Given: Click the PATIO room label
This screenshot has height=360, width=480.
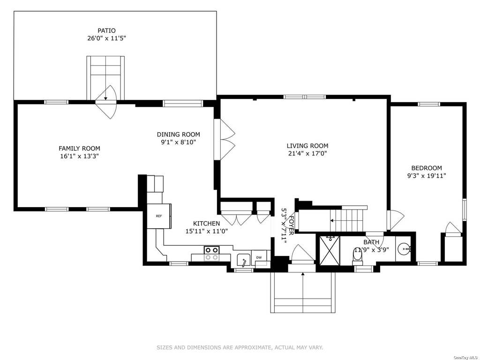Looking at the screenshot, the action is pos(106,30).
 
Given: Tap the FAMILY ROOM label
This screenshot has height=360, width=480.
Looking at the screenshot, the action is pos(79,149).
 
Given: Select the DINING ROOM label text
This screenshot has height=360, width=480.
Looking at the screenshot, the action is pos(179,135).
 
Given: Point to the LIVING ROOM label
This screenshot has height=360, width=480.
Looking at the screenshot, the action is pos(307,146).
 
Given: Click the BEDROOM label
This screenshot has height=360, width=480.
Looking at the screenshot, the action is pos(427,168).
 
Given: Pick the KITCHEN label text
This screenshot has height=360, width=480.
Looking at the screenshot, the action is pos(206,224).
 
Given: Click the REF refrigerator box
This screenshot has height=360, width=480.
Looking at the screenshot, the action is pos(159,216).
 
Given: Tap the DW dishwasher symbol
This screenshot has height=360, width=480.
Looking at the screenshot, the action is pos(259,257).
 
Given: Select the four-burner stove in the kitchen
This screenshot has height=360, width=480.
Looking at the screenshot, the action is pos(211,254).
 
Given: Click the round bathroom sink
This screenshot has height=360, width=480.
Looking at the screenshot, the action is pos(404,249).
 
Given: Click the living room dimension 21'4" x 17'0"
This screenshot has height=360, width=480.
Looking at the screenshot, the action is pos(307,154).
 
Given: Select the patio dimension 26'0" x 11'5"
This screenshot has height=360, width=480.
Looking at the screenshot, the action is pos(106,38).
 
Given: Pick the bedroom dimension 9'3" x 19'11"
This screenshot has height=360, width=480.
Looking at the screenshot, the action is pos(427,176).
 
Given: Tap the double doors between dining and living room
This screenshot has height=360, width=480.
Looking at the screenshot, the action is pos(225,139).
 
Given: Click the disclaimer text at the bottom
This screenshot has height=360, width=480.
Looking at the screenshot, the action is pos(240,347).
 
